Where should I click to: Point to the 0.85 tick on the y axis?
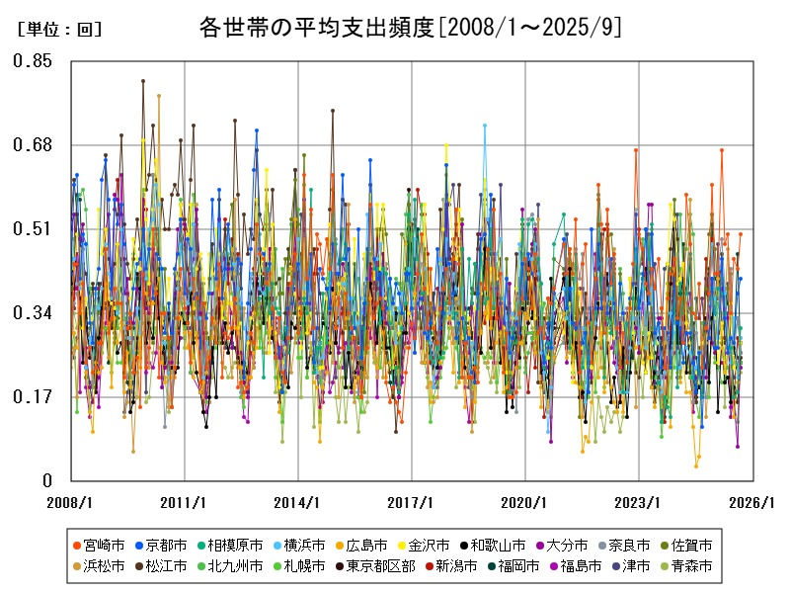[x=33, y=61]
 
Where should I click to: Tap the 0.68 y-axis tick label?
[x=33, y=145]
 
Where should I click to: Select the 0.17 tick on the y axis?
[x=33, y=397]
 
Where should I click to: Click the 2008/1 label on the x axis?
[x=71, y=503]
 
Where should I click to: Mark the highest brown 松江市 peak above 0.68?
[x=143, y=81]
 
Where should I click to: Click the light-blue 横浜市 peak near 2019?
[x=485, y=126]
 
